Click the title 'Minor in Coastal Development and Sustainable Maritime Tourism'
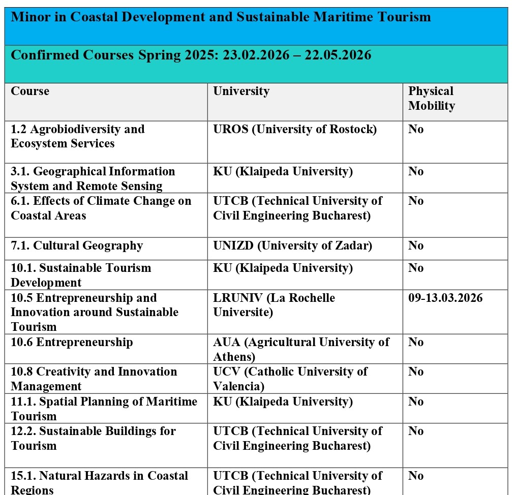coord(221,17)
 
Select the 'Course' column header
coord(30,91)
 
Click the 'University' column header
coord(241,91)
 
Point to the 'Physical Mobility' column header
coord(431,99)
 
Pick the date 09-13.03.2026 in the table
coord(445,298)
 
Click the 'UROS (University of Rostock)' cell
coord(295,130)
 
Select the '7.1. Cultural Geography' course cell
coord(77,246)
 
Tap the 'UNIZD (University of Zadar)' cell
coord(292,246)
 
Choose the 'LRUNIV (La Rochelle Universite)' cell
coord(274,305)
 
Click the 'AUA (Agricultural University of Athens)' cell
coord(301,349)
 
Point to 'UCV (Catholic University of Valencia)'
coord(290,379)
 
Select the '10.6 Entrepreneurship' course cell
coord(72,342)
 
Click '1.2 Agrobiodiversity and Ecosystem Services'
coord(78,136)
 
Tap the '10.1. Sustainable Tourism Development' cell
coord(81,275)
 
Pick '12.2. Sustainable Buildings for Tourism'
coord(93,438)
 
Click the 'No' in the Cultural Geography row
coord(416,246)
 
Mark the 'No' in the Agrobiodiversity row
coord(416,130)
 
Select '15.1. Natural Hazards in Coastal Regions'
coord(99,482)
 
